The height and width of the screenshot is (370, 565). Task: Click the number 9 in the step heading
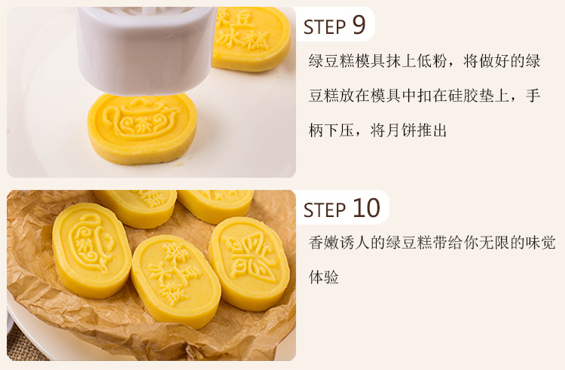[359, 25]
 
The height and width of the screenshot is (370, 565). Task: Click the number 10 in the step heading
[366, 208]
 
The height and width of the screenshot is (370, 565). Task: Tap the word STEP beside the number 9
[325, 27]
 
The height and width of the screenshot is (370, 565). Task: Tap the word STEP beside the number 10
[325, 210]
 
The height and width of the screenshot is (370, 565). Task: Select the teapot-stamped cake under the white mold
[142, 129]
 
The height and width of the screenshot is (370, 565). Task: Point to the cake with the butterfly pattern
[249, 264]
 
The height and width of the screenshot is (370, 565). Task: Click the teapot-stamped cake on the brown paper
[91, 251]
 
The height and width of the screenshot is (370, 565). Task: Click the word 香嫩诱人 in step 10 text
[339, 243]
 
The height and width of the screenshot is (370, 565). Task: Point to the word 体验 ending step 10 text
[324, 277]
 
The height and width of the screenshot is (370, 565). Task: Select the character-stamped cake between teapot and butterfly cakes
[176, 282]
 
